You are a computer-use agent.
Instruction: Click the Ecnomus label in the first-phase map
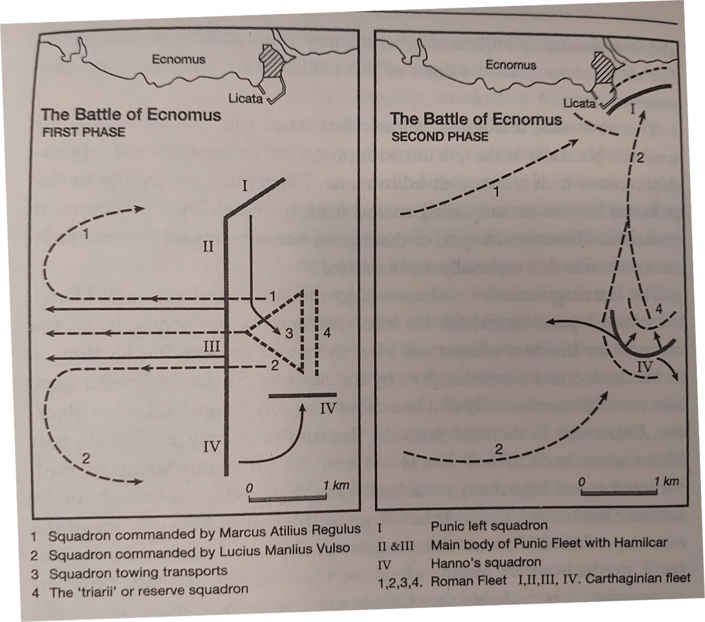[x=179, y=59]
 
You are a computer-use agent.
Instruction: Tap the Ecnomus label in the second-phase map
[x=511, y=65]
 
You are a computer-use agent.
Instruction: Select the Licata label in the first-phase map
[x=246, y=98]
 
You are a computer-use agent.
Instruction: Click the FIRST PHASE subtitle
[x=83, y=132]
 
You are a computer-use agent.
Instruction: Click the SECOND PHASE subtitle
[x=440, y=136]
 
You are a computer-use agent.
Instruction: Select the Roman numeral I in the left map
[x=243, y=189]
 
